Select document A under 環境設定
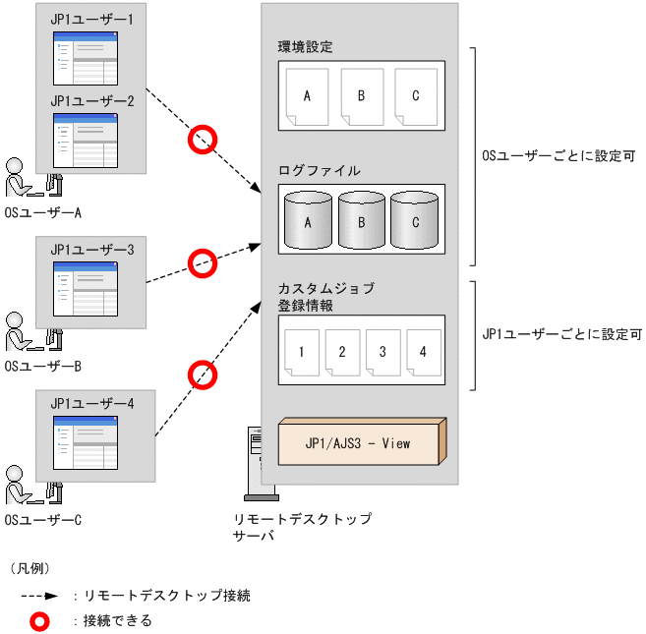pos(307,97)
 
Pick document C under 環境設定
pos(415,97)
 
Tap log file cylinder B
pos(362,220)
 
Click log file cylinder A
pos(308,220)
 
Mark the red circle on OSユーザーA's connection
pos(203,139)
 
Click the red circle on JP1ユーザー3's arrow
pos(203,262)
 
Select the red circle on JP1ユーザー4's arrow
pos(203,375)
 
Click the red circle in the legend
pos(41,620)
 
